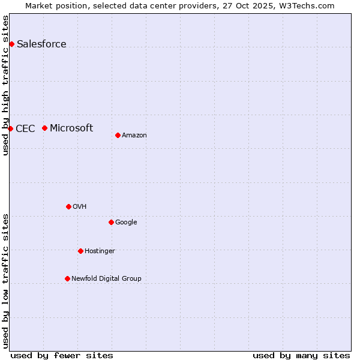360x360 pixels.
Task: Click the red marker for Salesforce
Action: tap(11, 44)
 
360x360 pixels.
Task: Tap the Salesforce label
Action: tap(41, 44)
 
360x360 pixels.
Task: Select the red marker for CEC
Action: tap(10, 128)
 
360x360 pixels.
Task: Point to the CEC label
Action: tap(25, 128)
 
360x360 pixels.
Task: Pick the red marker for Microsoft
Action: tap(44, 128)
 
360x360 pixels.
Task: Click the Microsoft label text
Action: tap(71, 128)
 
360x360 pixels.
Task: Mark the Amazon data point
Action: tap(118, 135)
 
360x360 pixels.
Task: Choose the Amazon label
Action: tap(134, 136)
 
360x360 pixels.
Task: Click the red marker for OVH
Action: tap(68, 206)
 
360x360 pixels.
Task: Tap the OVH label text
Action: tap(80, 207)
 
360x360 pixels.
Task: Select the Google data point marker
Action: tap(111, 222)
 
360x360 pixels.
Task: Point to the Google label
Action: tap(126, 223)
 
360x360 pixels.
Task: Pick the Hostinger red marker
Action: tap(80, 251)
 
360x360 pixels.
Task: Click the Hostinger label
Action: tap(100, 251)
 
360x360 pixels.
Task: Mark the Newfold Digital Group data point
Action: tap(67, 278)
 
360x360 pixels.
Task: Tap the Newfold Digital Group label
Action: tap(106, 279)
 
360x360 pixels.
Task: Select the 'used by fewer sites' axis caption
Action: tap(62, 355)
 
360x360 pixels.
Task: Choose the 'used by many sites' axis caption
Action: tap(301, 355)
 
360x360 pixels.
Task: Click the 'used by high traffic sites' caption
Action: tap(5, 85)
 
